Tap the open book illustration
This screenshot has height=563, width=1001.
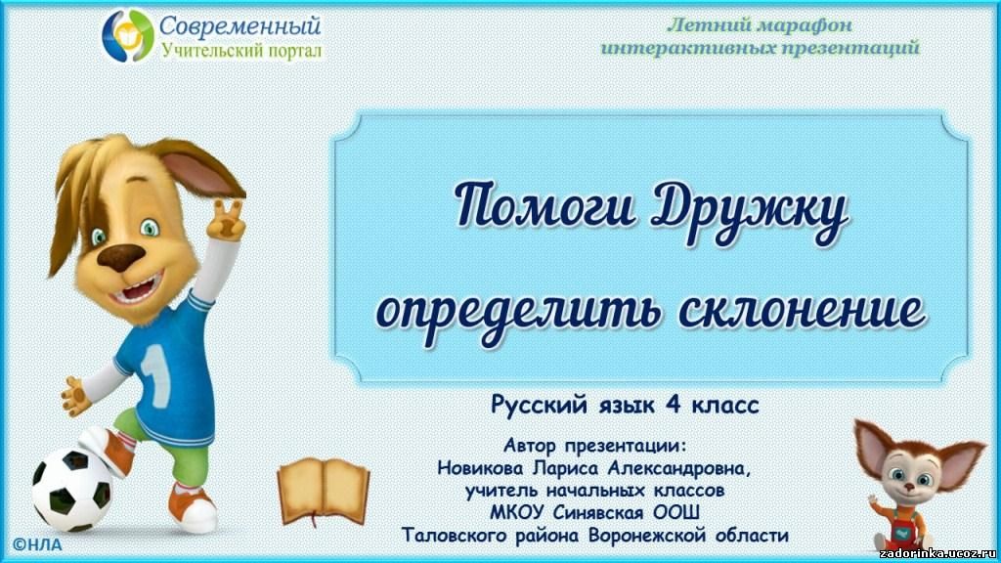pos(324,491)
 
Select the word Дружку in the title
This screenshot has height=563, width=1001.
pos(750,210)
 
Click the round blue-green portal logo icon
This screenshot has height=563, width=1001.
pos(128,36)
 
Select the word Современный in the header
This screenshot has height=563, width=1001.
pos(239,26)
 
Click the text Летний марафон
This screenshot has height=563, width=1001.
pos(759,24)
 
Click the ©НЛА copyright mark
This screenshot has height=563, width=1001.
pos(37,545)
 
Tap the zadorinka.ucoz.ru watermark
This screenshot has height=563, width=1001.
pos(937,553)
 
